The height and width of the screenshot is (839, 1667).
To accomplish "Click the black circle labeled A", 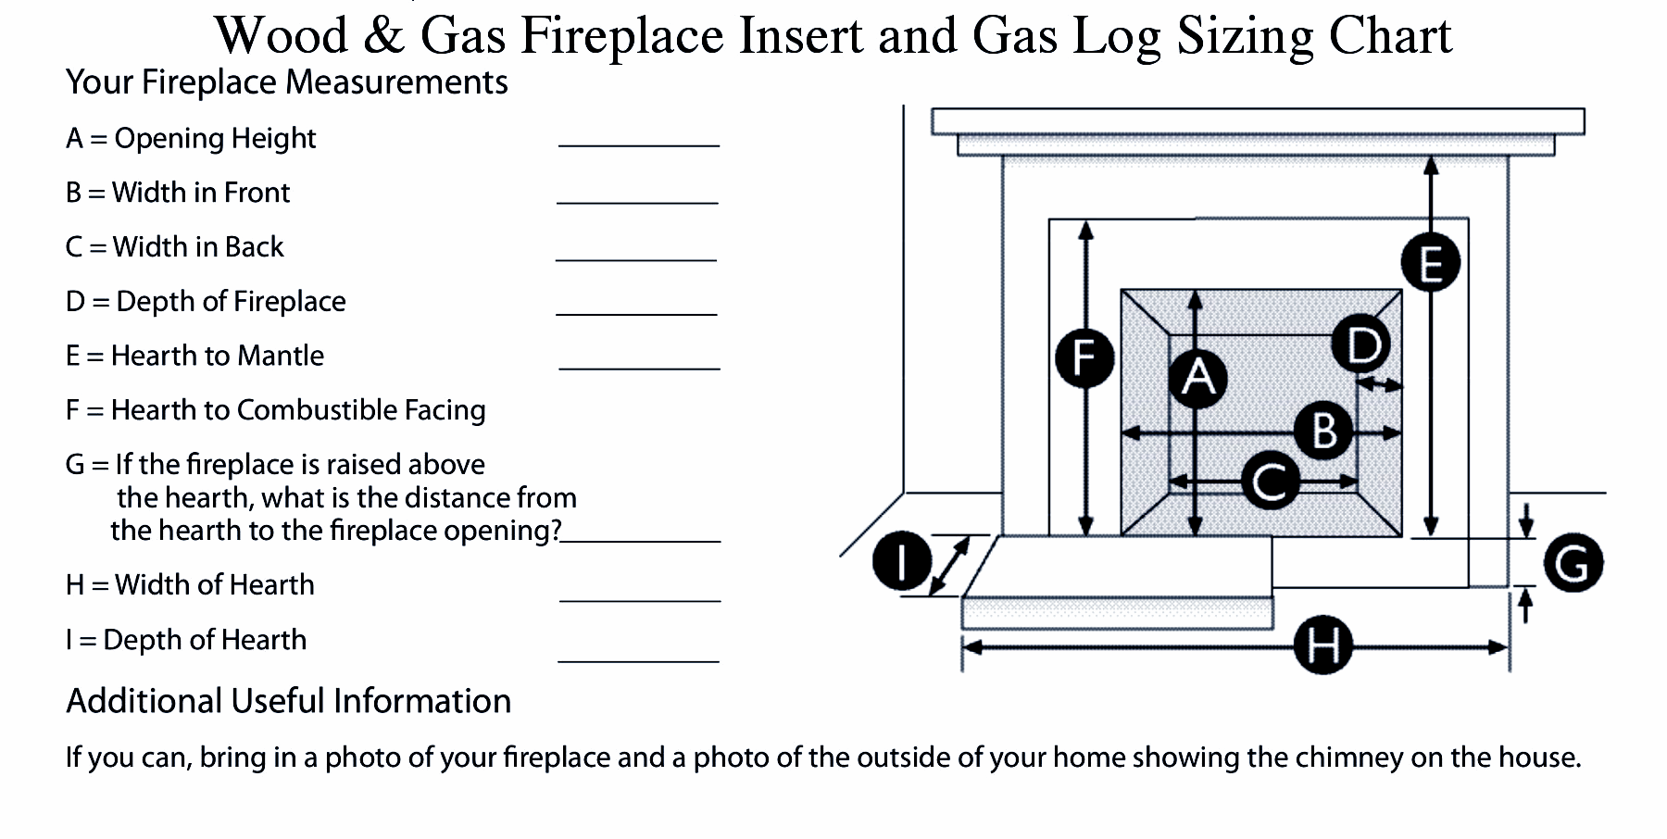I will [x=1198, y=378].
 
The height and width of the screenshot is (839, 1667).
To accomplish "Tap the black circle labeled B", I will [x=1323, y=431].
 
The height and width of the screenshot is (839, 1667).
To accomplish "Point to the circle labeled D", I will [x=1361, y=344].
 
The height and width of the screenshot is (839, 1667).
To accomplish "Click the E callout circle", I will [x=1430, y=263].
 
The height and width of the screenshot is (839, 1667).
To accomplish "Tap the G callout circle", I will [x=1573, y=563].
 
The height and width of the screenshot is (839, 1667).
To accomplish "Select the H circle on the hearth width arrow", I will [x=1322, y=645].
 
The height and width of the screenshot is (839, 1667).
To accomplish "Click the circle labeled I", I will [x=902, y=561].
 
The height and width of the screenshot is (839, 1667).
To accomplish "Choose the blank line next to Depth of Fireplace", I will [x=636, y=313].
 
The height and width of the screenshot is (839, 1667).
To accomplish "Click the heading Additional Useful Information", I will [x=288, y=701].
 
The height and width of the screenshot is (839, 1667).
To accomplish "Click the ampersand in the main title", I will [x=384, y=37].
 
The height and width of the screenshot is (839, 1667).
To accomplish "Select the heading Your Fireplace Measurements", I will [x=286, y=82].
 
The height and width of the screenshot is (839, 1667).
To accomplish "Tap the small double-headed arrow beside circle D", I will [x=1381, y=383].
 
